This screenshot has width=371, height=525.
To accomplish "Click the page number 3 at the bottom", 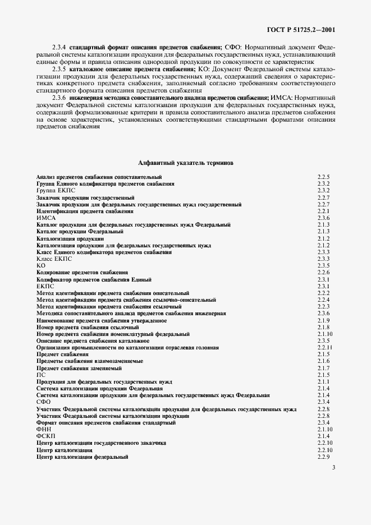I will pyautogui.click(x=333, y=468).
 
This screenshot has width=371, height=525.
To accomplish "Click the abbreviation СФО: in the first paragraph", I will pyautogui.click(x=235, y=48).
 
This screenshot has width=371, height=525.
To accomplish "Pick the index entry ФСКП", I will pyautogui.click(x=46, y=436).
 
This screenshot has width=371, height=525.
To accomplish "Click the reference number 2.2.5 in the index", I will pyautogui.click(x=323, y=177).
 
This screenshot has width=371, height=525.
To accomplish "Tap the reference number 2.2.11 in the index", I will pyautogui.click(x=324, y=347).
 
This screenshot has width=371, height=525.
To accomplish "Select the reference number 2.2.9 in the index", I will pyautogui.click(x=323, y=457).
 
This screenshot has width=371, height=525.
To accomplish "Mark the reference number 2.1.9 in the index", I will pyautogui.click(x=323, y=320).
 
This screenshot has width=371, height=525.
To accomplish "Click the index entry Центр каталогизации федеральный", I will pyautogui.click(x=83, y=457).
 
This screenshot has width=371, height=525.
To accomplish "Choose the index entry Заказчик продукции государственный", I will pyautogui.click(x=85, y=197).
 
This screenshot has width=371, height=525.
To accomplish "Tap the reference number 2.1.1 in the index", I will pyautogui.click(x=323, y=381).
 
